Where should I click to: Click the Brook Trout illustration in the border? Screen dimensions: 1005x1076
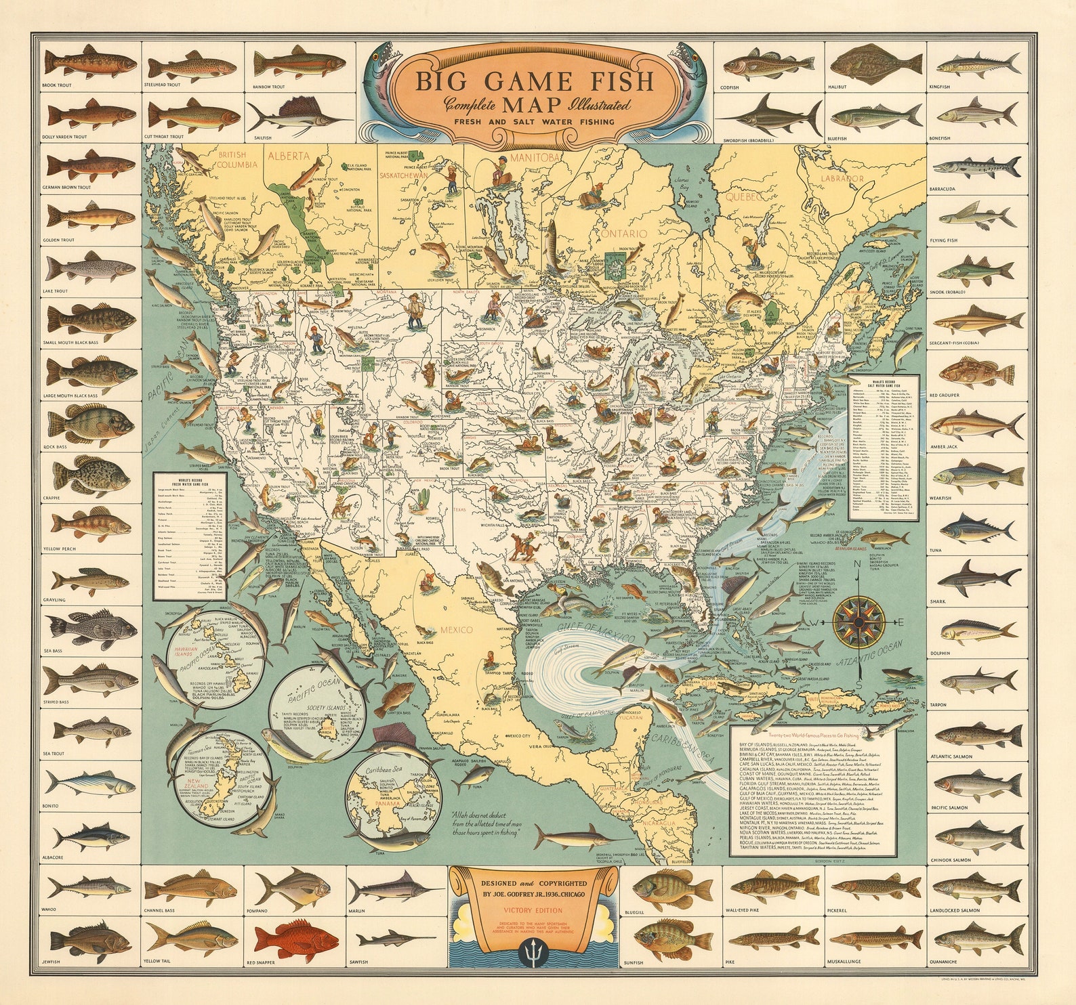91,62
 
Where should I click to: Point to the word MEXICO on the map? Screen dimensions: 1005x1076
456,630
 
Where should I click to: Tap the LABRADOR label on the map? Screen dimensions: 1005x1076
842,179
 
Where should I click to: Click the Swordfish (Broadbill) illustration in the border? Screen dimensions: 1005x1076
769,114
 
